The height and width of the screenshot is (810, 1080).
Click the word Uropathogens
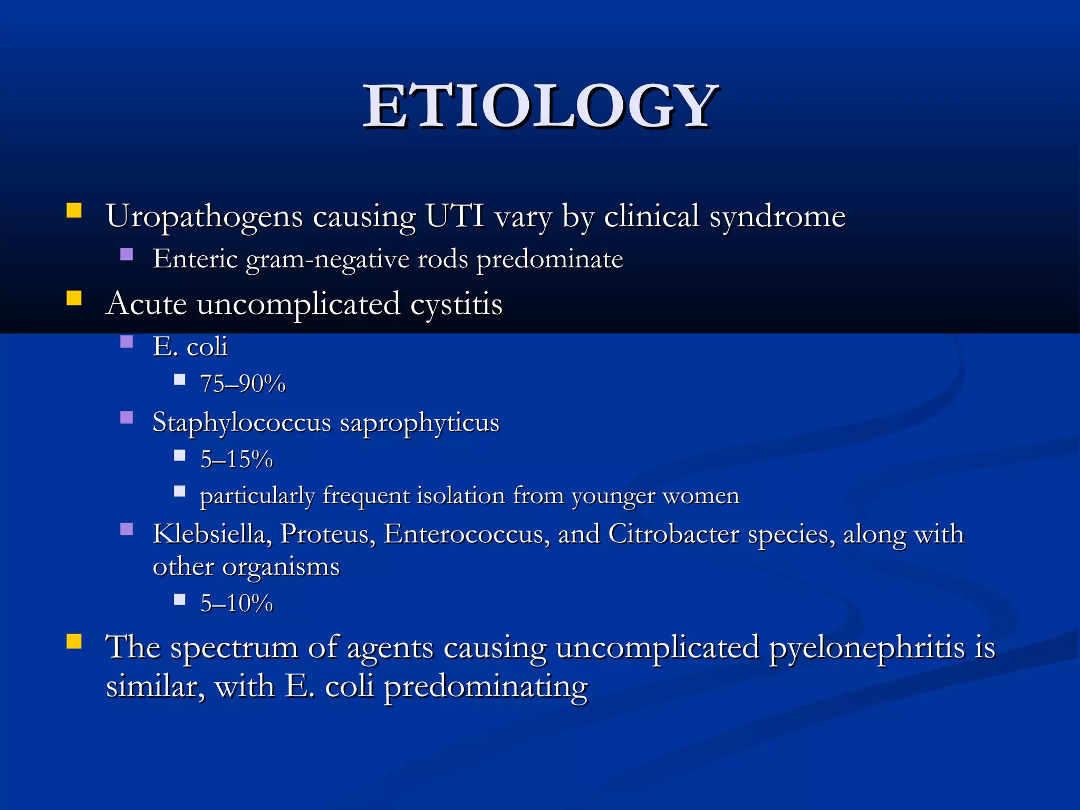(204, 216)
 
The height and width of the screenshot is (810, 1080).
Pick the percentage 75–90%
(243, 383)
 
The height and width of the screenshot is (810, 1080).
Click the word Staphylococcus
(242, 422)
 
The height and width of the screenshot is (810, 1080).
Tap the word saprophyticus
(419, 422)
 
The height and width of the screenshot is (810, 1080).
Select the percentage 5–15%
(236, 459)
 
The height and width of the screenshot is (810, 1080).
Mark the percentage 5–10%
(236, 603)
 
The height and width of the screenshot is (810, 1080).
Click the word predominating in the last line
(485, 687)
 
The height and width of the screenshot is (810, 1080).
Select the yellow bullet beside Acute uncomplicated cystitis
(74, 298)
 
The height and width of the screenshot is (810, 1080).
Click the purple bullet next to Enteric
(127, 255)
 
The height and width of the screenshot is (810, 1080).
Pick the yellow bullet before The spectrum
(74, 641)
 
